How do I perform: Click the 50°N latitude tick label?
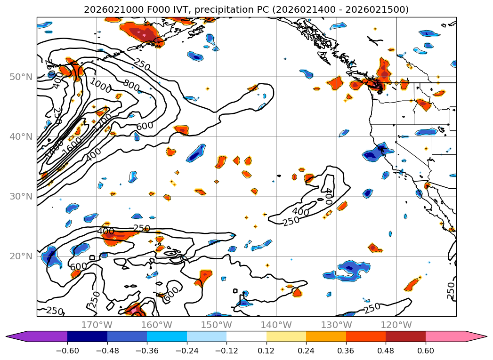click(20, 77)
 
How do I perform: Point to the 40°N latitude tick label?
click(20, 136)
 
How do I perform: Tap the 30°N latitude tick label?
click(20, 196)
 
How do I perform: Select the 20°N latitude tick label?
click(20, 256)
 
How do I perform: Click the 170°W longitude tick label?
click(97, 325)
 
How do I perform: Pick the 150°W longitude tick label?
click(217, 325)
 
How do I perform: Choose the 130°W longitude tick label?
click(336, 325)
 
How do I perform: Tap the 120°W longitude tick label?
click(396, 325)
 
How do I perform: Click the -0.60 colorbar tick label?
click(67, 350)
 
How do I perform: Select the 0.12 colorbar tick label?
click(267, 350)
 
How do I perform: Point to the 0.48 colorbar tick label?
click(386, 350)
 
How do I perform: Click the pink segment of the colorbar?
click(445, 336)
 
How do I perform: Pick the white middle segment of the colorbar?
click(246, 336)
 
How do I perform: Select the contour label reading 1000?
click(100, 86)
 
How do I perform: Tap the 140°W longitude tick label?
click(276, 325)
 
